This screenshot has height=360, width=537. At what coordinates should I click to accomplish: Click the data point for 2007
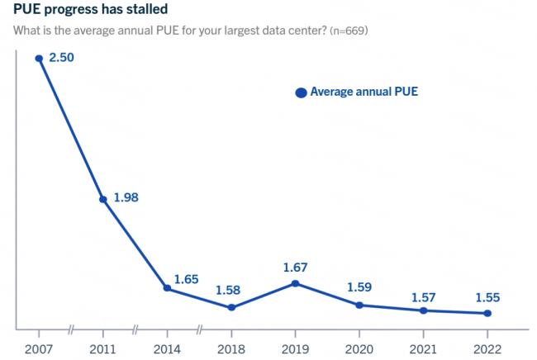[x=39, y=58]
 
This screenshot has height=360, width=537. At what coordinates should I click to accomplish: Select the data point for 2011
[x=102, y=199]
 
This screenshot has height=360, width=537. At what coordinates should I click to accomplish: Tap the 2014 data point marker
[x=167, y=288]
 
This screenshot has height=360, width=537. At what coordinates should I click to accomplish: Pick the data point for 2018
[x=231, y=307]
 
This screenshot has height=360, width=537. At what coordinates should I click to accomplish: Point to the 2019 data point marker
[x=295, y=283]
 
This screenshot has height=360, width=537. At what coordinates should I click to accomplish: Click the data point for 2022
[x=487, y=313]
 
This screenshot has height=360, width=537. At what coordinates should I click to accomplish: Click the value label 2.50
[x=62, y=58]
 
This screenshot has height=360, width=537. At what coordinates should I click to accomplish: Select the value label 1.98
[x=126, y=199]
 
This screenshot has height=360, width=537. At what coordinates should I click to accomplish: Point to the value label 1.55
[x=487, y=297]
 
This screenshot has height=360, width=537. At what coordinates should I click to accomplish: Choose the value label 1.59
[x=359, y=287]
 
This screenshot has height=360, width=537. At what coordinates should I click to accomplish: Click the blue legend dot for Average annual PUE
[x=302, y=92]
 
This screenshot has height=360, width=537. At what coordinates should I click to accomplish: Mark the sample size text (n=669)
[x=348, y=31]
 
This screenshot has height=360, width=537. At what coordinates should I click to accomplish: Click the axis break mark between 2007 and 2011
[x=71, y=331]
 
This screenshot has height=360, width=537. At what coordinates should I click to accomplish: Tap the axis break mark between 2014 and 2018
[x=199, y=331]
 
